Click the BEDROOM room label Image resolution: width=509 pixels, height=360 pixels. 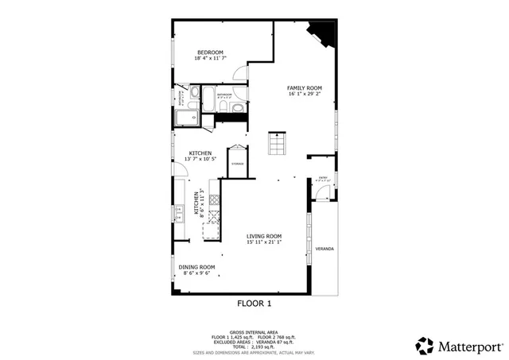point(211,55)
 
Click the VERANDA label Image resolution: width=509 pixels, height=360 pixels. point(324,249)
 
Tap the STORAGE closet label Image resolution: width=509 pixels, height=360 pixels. point(238,164)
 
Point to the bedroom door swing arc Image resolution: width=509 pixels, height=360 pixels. point(239,73)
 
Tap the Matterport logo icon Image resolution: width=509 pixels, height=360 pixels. point(425,345)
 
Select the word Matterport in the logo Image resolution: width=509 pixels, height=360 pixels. point(470,346)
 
